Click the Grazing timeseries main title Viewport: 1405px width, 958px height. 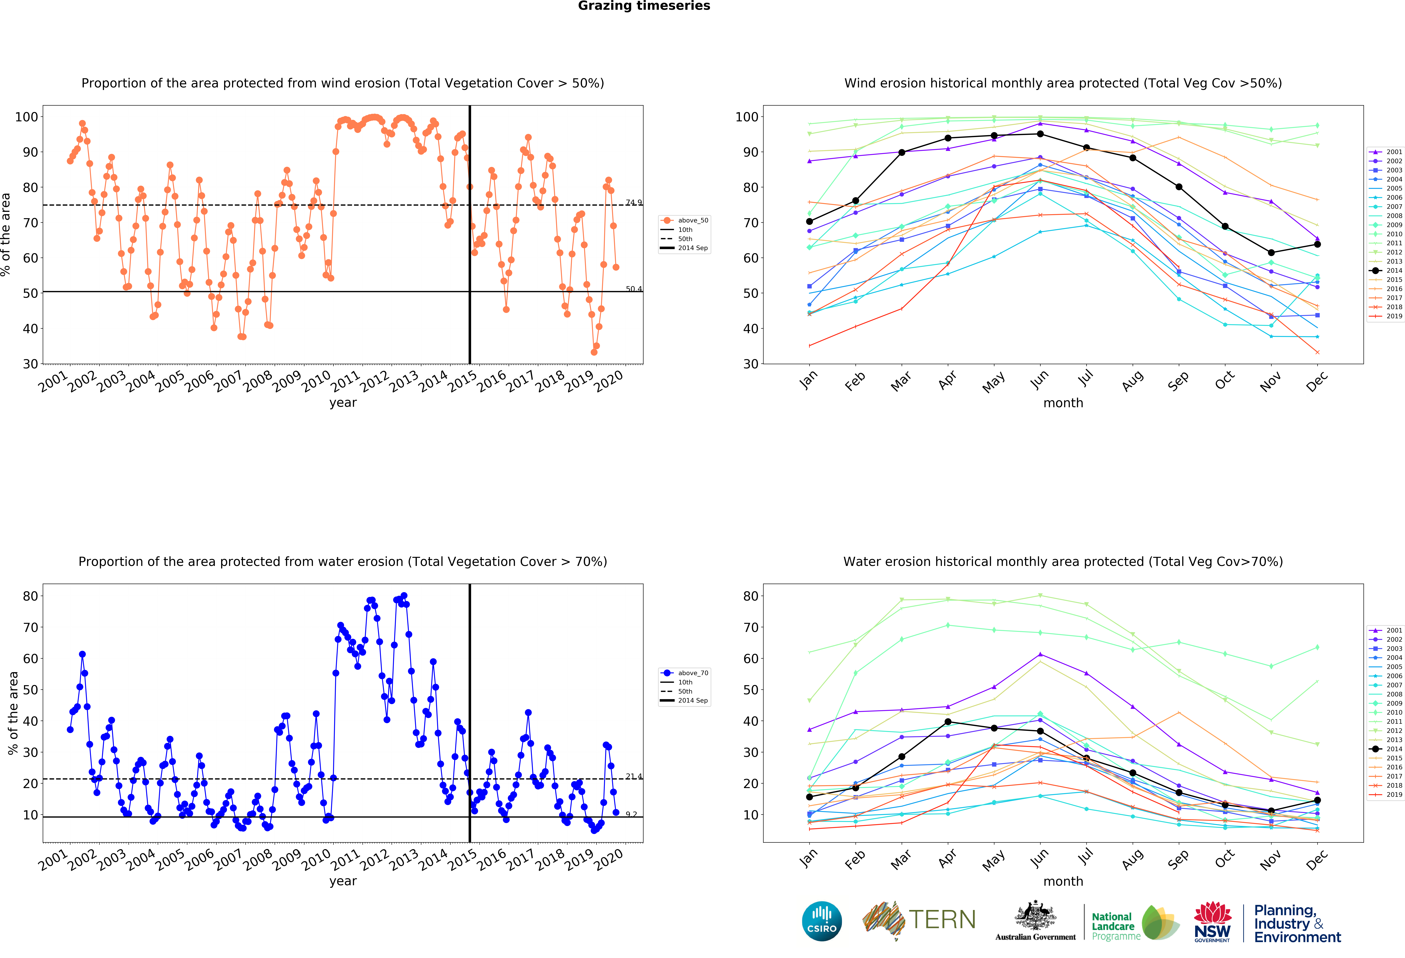coord(644,6)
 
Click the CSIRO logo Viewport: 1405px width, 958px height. coord(822,921)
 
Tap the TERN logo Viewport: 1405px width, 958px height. coord(919,920)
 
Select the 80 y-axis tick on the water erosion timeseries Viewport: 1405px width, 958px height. coord(30,596)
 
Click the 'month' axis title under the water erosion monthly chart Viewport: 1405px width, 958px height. coord(1063,881)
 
